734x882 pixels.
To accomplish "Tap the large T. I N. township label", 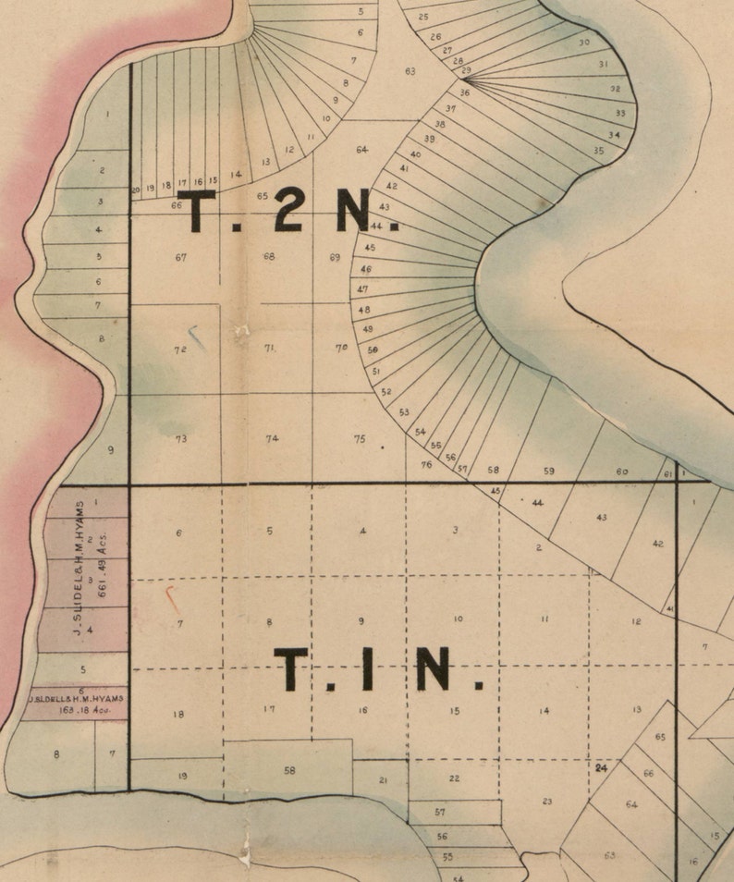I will coord(379,668).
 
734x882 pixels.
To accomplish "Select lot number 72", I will coord(180,349).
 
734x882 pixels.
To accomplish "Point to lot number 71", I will coord(270,348).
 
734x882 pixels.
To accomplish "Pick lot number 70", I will coord(341,348).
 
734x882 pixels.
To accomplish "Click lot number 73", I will coord(181,438).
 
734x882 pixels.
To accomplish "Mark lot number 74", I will coord(272,438).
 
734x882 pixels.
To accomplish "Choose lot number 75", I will coord(360,438).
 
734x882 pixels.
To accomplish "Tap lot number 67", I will coord(181,257).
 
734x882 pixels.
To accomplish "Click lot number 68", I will coord(269,256).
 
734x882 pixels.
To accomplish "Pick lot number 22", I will coord(454,778).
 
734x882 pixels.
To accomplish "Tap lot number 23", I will coord(547,802).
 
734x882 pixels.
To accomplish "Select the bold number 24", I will coord(601,767).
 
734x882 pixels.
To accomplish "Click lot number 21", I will coord(384,780).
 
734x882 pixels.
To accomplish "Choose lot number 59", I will coord(548,471).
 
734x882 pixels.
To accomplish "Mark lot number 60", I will coord(622,472).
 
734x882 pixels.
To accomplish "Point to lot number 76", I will coord(426,464).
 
